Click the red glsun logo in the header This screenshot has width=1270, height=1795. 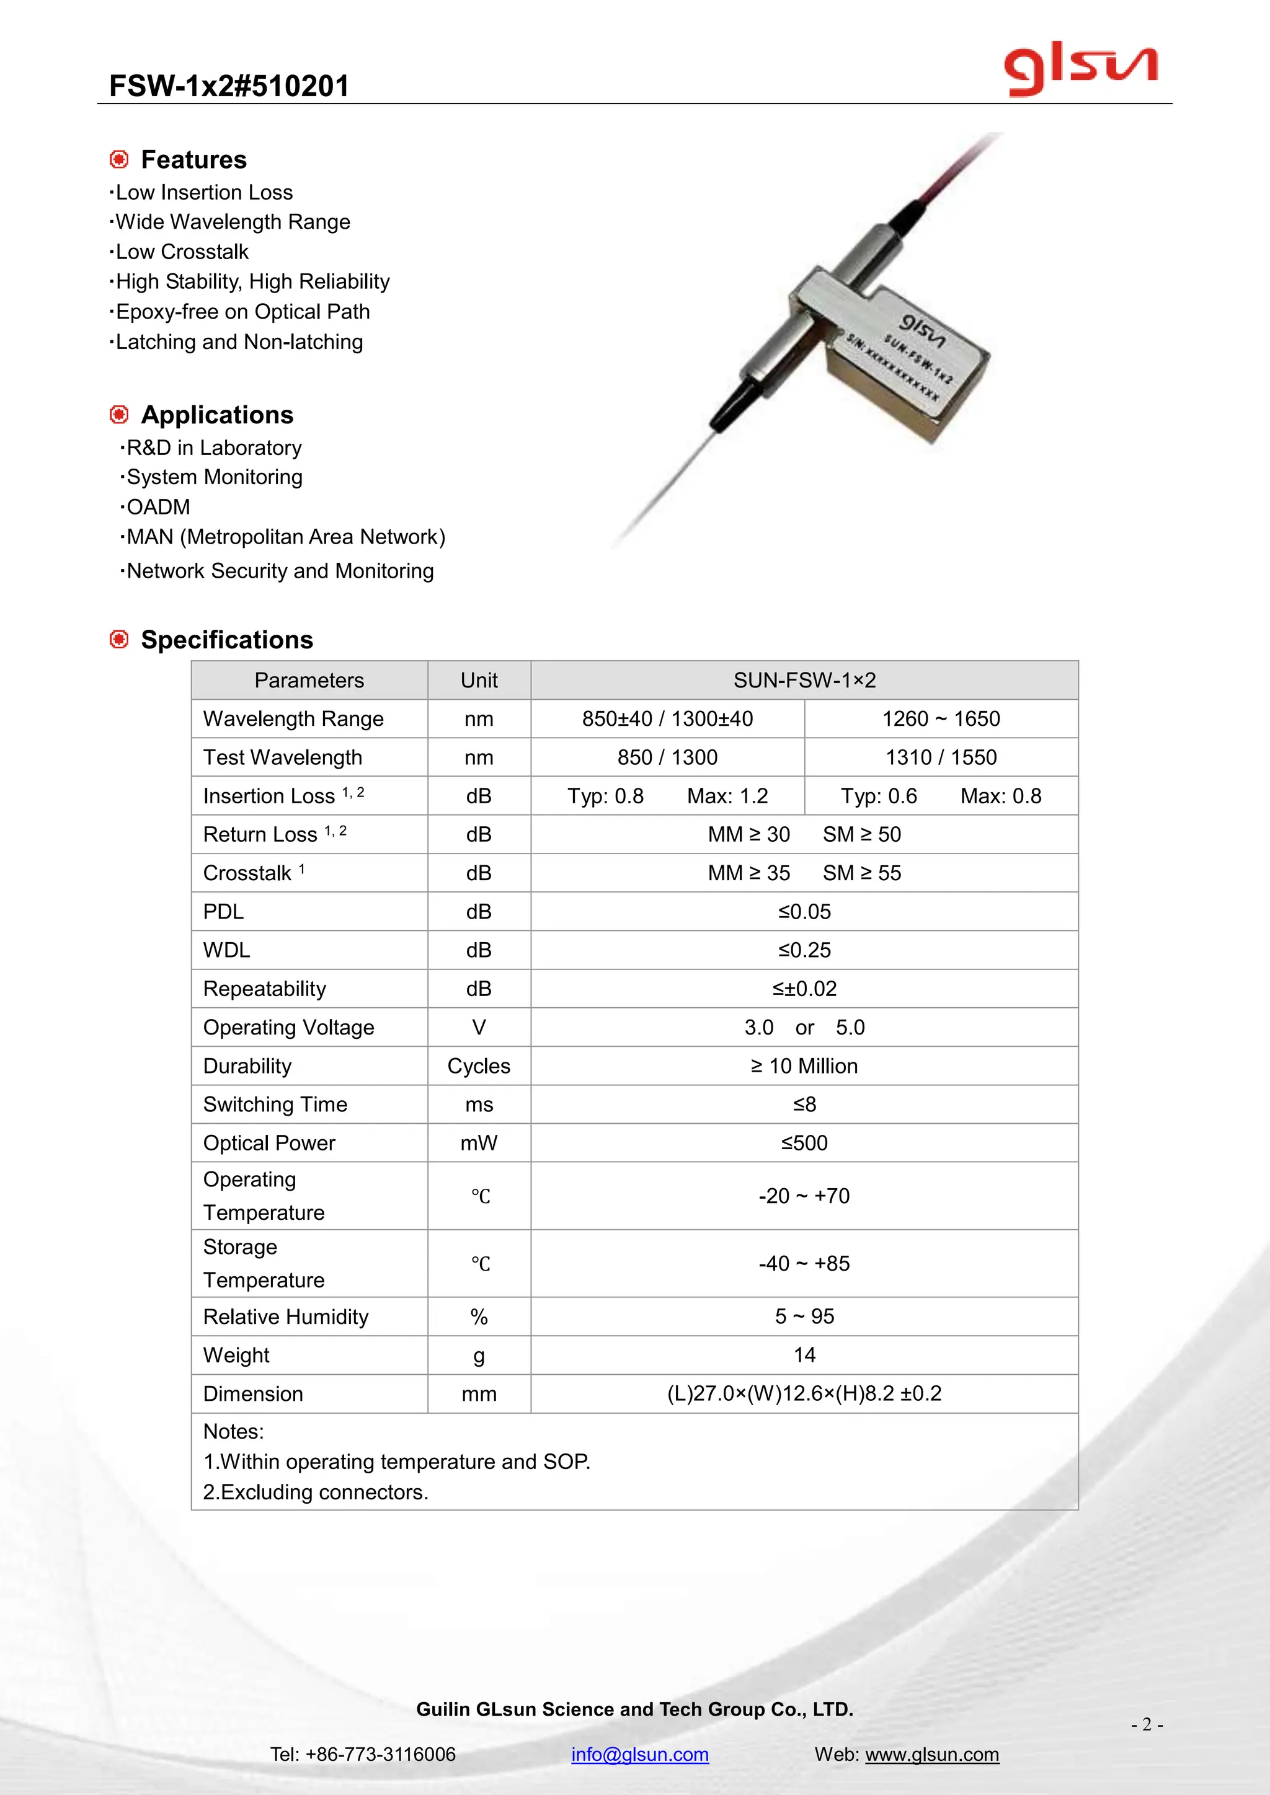(1081, 71)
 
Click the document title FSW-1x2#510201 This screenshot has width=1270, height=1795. (229, 86)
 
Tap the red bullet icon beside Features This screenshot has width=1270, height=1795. (119, 159)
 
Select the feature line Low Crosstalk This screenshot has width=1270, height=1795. (182, 252)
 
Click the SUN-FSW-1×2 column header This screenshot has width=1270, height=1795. (804, 680)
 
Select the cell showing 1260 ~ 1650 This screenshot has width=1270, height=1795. (941, 718)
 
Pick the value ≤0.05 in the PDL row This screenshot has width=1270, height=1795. (804, 912)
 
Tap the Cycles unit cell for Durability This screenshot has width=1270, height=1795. (479, 1065)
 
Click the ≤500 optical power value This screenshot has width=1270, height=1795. (804, 1143)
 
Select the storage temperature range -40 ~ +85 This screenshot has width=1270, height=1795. (804, 1263)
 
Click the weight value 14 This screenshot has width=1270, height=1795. (804, 1355)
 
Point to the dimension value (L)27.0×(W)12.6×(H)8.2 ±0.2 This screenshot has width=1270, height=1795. (804, 1393)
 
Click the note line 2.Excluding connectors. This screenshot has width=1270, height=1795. (315, 1492)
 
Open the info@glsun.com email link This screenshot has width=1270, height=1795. (640, 1754)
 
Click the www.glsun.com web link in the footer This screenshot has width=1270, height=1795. (931, 1754)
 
